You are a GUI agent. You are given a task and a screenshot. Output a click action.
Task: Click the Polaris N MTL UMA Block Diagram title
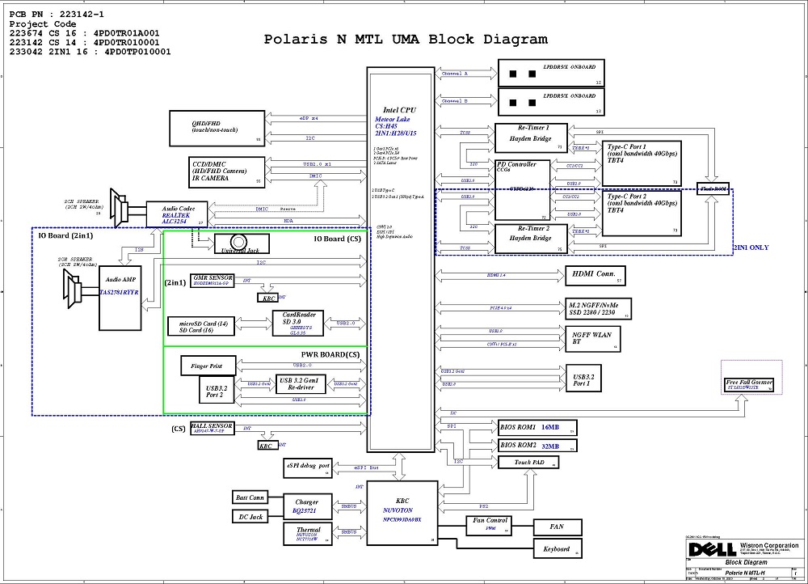406,39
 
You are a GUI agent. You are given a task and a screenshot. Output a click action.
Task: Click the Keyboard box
557,549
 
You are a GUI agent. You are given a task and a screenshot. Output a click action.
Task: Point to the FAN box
557,527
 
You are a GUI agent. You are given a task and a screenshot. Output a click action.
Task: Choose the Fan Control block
489,525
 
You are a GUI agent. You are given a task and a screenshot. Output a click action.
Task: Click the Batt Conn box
250,497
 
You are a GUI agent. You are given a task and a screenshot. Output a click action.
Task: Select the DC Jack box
250,516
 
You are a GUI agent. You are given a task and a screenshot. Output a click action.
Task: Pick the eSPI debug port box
308,467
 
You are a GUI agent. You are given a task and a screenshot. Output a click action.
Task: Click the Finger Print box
207,366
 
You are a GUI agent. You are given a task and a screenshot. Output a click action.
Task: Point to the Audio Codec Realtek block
177,214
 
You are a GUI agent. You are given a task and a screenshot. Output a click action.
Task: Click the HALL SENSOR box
213,428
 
